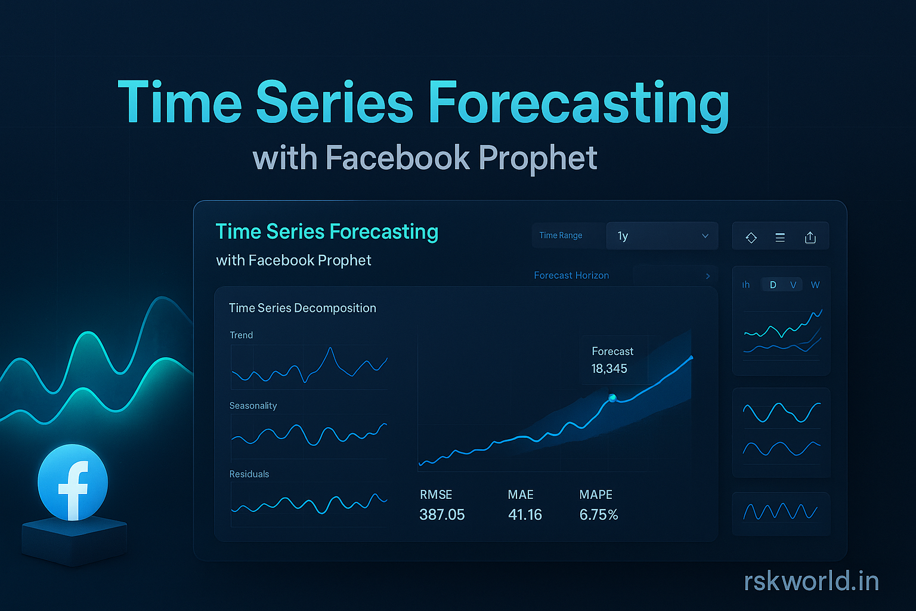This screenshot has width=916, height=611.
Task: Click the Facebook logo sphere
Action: pos(73,482)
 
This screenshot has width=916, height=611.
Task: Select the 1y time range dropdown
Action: pos(662,236)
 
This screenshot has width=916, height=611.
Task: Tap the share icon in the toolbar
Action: pos(810,237)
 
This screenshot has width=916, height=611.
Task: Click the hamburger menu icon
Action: pos(780,237)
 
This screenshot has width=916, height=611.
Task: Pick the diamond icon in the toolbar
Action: pos(751,237)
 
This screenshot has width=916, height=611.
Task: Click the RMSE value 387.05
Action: pos(442,514)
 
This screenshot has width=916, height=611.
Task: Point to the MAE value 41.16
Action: pos(525,514)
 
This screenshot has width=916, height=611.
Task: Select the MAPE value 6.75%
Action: pos(599,514)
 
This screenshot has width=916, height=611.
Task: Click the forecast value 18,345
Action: pos(609,369)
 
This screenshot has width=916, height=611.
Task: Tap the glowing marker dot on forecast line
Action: pos(612,398)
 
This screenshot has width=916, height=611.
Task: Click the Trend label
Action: pos(241,335)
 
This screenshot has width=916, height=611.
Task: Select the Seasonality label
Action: pos(253,406)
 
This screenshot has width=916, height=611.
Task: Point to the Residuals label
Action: pos(249,474)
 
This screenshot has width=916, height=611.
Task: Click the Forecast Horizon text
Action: pos(571,276)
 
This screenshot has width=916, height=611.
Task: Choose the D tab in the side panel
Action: pos(773,285)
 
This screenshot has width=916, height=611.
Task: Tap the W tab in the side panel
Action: pos(815,285)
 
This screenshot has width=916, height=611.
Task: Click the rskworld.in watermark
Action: pos(811,581)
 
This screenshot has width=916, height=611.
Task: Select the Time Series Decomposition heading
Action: pos(302,308)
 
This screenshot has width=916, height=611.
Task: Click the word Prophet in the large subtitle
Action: pos(537,159)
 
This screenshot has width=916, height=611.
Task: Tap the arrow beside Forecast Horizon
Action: pos(708,276)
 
